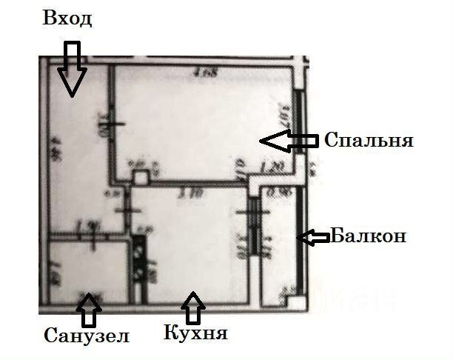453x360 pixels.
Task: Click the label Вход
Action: coord(67,19)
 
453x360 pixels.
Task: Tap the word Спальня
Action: coord(368,140)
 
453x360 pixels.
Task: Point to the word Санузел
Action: coord(87,336)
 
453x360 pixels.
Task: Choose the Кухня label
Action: coord(195,333)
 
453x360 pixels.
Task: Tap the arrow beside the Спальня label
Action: coord(291,140)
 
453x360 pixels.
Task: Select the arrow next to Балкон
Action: coord(313,237)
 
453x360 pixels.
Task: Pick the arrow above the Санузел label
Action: coord(90,310)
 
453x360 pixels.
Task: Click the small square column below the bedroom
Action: coord(141,178)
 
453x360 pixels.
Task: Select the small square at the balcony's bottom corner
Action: coord(295,303)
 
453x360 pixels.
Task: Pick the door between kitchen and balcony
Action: coord(253,230)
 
